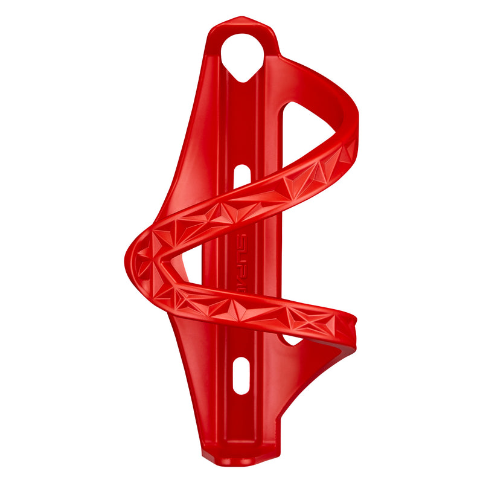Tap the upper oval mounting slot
coord(241,176)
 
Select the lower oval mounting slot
coord(241,374)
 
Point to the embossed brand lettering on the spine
coord(240,266)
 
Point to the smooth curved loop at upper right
coord(338,103)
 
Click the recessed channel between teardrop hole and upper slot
coord(241,121)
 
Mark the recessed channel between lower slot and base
coord(241,423)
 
